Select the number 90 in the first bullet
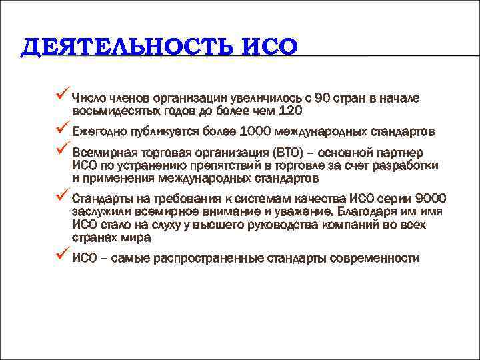(325, 99)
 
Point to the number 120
(289, 111)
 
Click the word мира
(137, 237)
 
